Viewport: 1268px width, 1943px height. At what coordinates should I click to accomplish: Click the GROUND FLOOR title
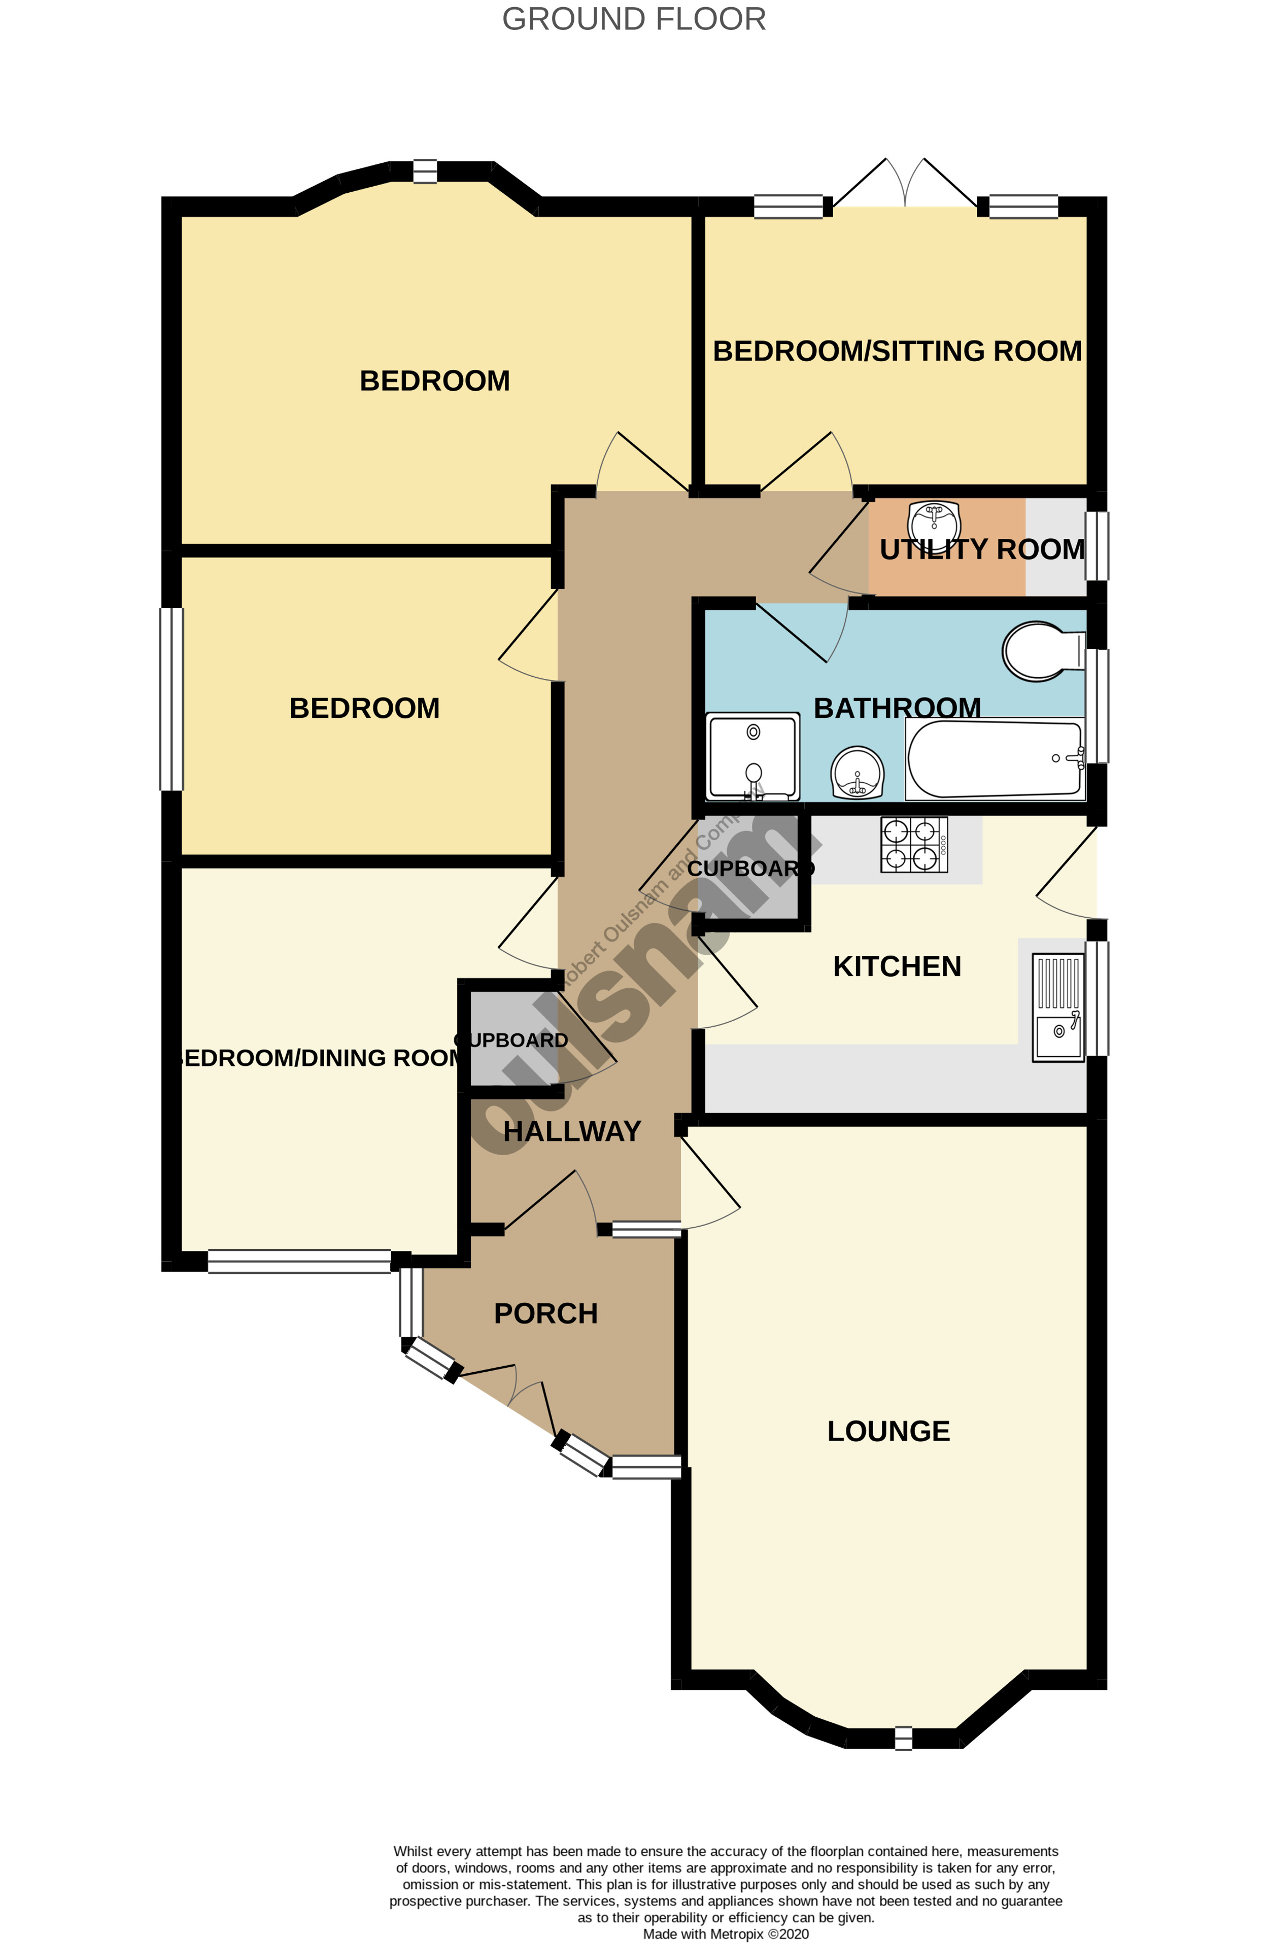[x=634, y=19]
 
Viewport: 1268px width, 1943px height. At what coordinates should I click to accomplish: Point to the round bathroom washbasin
[x=856, y=772]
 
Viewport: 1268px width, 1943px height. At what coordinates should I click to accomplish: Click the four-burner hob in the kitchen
[x=914, y=845]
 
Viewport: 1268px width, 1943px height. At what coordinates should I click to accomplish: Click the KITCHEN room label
[x=897, y=966]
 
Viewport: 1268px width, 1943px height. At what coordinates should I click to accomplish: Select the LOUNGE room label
[x=888, y=1431]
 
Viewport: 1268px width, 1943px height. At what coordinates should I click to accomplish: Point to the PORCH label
[x=545, y=1313]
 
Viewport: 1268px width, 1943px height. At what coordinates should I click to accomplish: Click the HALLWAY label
[x=571, y=1131]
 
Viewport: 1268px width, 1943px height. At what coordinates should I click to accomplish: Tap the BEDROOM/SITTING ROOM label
[x=897, y=351]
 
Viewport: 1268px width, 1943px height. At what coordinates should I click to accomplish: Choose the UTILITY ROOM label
[x=981, y=549]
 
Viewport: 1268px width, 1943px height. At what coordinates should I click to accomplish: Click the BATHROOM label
[x=897, y=708]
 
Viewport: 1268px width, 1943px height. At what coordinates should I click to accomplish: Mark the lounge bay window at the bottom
[x=902, y=1738]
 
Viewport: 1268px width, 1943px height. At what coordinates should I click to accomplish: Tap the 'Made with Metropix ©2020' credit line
[x=725, y=1933]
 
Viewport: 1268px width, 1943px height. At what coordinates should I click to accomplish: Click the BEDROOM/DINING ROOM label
[x=319, y=1058]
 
